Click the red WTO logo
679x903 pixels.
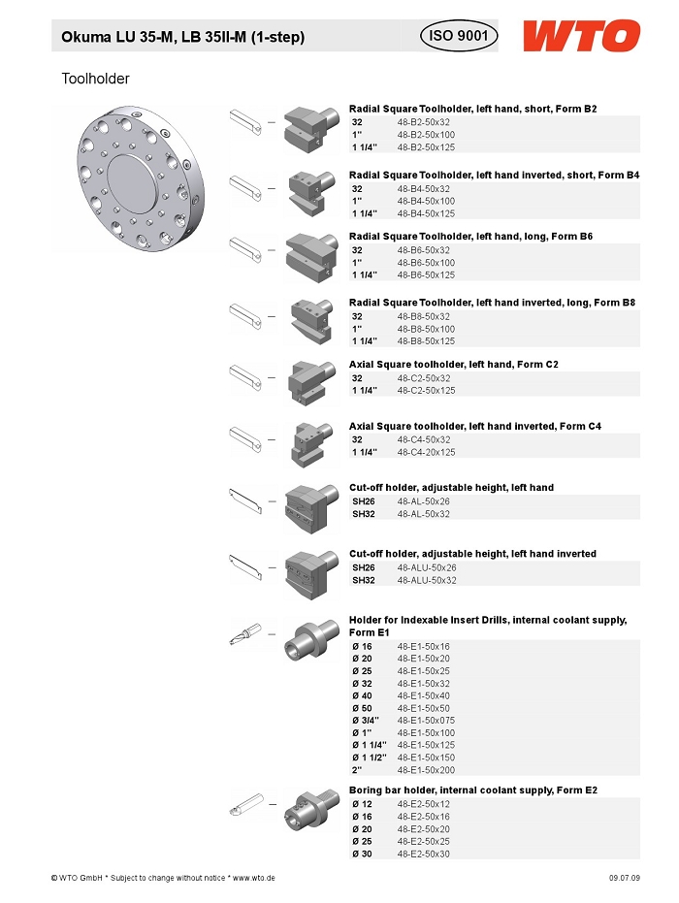click(582, 36)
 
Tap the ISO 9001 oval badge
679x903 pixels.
click(459, 36)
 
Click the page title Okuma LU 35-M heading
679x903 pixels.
click(183, 37)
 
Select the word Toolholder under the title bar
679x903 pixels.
click(96, 79)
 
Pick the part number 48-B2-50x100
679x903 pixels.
click(426, 135)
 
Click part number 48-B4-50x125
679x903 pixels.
click(426, 213)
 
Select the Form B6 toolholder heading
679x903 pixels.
click(470, 236)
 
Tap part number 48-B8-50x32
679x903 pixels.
click(424, 317)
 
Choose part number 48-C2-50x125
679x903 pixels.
click(426, 391)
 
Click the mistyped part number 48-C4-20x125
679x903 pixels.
click(426, 452)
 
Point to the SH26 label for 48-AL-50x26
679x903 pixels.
click(364, 501)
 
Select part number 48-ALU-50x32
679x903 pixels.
click(427, 580)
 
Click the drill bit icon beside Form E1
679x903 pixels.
click(245, 634)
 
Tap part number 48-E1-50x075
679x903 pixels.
click(426, 721)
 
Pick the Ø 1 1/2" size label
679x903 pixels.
click(370, 758)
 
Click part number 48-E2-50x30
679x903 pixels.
click(423, 855)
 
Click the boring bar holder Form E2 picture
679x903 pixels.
click(311, 810)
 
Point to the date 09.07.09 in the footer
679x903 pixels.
click(625, 878)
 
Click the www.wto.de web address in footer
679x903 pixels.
click(253, 878)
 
